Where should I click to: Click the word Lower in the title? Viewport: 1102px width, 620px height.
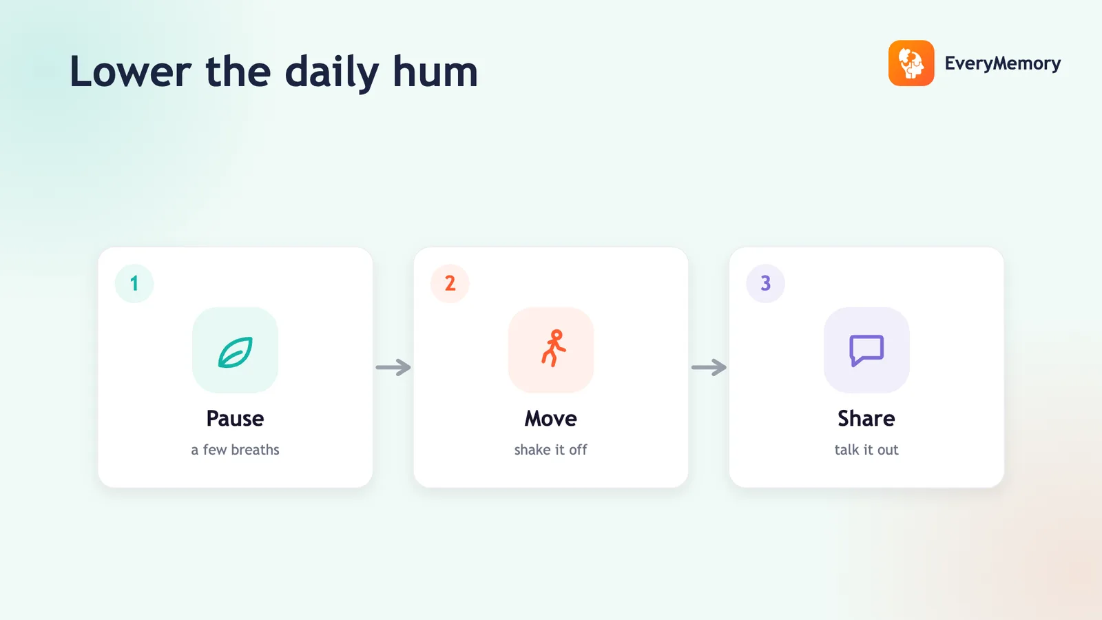click(130, 72)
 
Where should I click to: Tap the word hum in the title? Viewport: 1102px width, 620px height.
click(435, 72)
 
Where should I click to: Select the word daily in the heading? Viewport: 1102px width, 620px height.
click(331, 74)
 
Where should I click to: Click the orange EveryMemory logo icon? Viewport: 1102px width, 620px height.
click(911, 63)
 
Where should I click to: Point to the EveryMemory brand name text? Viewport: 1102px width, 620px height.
click(1003, 63)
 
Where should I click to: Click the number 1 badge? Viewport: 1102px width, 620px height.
click(134, 283)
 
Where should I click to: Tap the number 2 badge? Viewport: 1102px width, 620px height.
click(450, 283)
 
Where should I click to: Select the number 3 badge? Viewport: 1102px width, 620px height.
click(765, 283)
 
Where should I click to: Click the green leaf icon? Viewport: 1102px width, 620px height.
click(235, 352)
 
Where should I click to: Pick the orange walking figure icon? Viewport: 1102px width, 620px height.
click(554, 349)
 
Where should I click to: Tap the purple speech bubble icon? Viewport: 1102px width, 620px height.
click(866, 350)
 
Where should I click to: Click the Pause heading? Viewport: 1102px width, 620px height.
click(235, 419)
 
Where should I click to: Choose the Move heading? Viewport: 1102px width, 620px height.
click(550, 419)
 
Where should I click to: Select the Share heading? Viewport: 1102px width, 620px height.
click(866, 419)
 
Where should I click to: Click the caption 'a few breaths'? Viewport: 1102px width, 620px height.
click(235, 450)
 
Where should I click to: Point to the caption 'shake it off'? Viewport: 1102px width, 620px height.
click(550, 450)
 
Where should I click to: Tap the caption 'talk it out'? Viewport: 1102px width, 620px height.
click(866, 450)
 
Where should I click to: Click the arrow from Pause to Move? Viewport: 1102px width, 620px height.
click(393, 367)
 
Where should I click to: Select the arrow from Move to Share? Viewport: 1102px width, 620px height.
click(709, 367)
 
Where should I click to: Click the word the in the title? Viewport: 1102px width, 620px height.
click(238, 72)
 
